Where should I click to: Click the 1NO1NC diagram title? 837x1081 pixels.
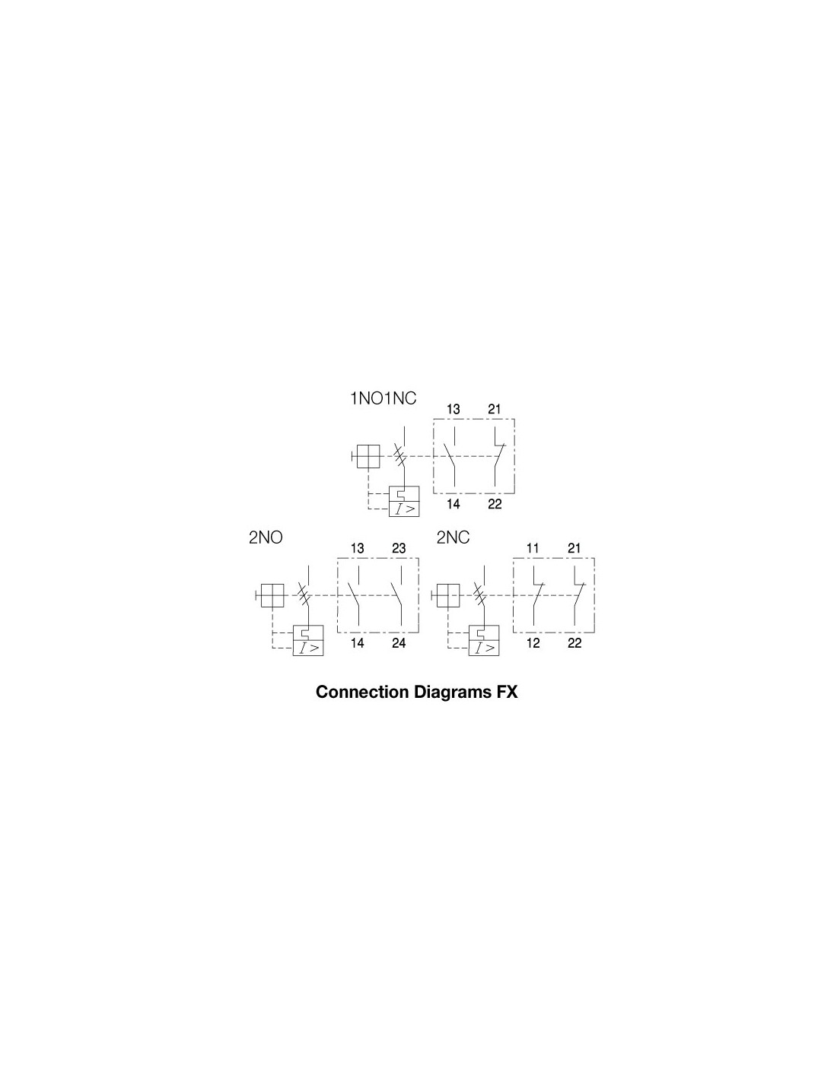(x=383, y=398)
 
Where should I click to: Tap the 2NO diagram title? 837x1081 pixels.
(x=266, y=537)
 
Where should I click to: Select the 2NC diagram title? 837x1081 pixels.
(x=453, y=537)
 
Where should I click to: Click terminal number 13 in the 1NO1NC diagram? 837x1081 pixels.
(x=453, y=410)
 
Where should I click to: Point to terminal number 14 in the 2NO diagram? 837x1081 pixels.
(x=357, y=643)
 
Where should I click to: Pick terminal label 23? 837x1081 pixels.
(x=399, y=548)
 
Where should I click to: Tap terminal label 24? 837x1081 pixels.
(x=399, y=643)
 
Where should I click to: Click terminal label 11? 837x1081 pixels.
(x=533, y=548)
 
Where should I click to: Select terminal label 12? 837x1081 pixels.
(x=533, y=643)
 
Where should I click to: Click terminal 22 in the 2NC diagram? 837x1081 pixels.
(x=574, y=643)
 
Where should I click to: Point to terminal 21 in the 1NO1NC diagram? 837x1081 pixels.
(x=494, y=410)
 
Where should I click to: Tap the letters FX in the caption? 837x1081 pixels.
(x=506, y=692)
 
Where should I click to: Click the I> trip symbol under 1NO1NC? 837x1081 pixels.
(x=404, y=509)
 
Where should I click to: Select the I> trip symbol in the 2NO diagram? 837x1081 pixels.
(x=307, y=648)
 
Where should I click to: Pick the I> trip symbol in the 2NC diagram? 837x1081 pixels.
(x=483, y=648)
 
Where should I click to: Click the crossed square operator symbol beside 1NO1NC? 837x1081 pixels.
(x=368, y=456)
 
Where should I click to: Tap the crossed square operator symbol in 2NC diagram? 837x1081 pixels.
(x=448, y=595)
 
